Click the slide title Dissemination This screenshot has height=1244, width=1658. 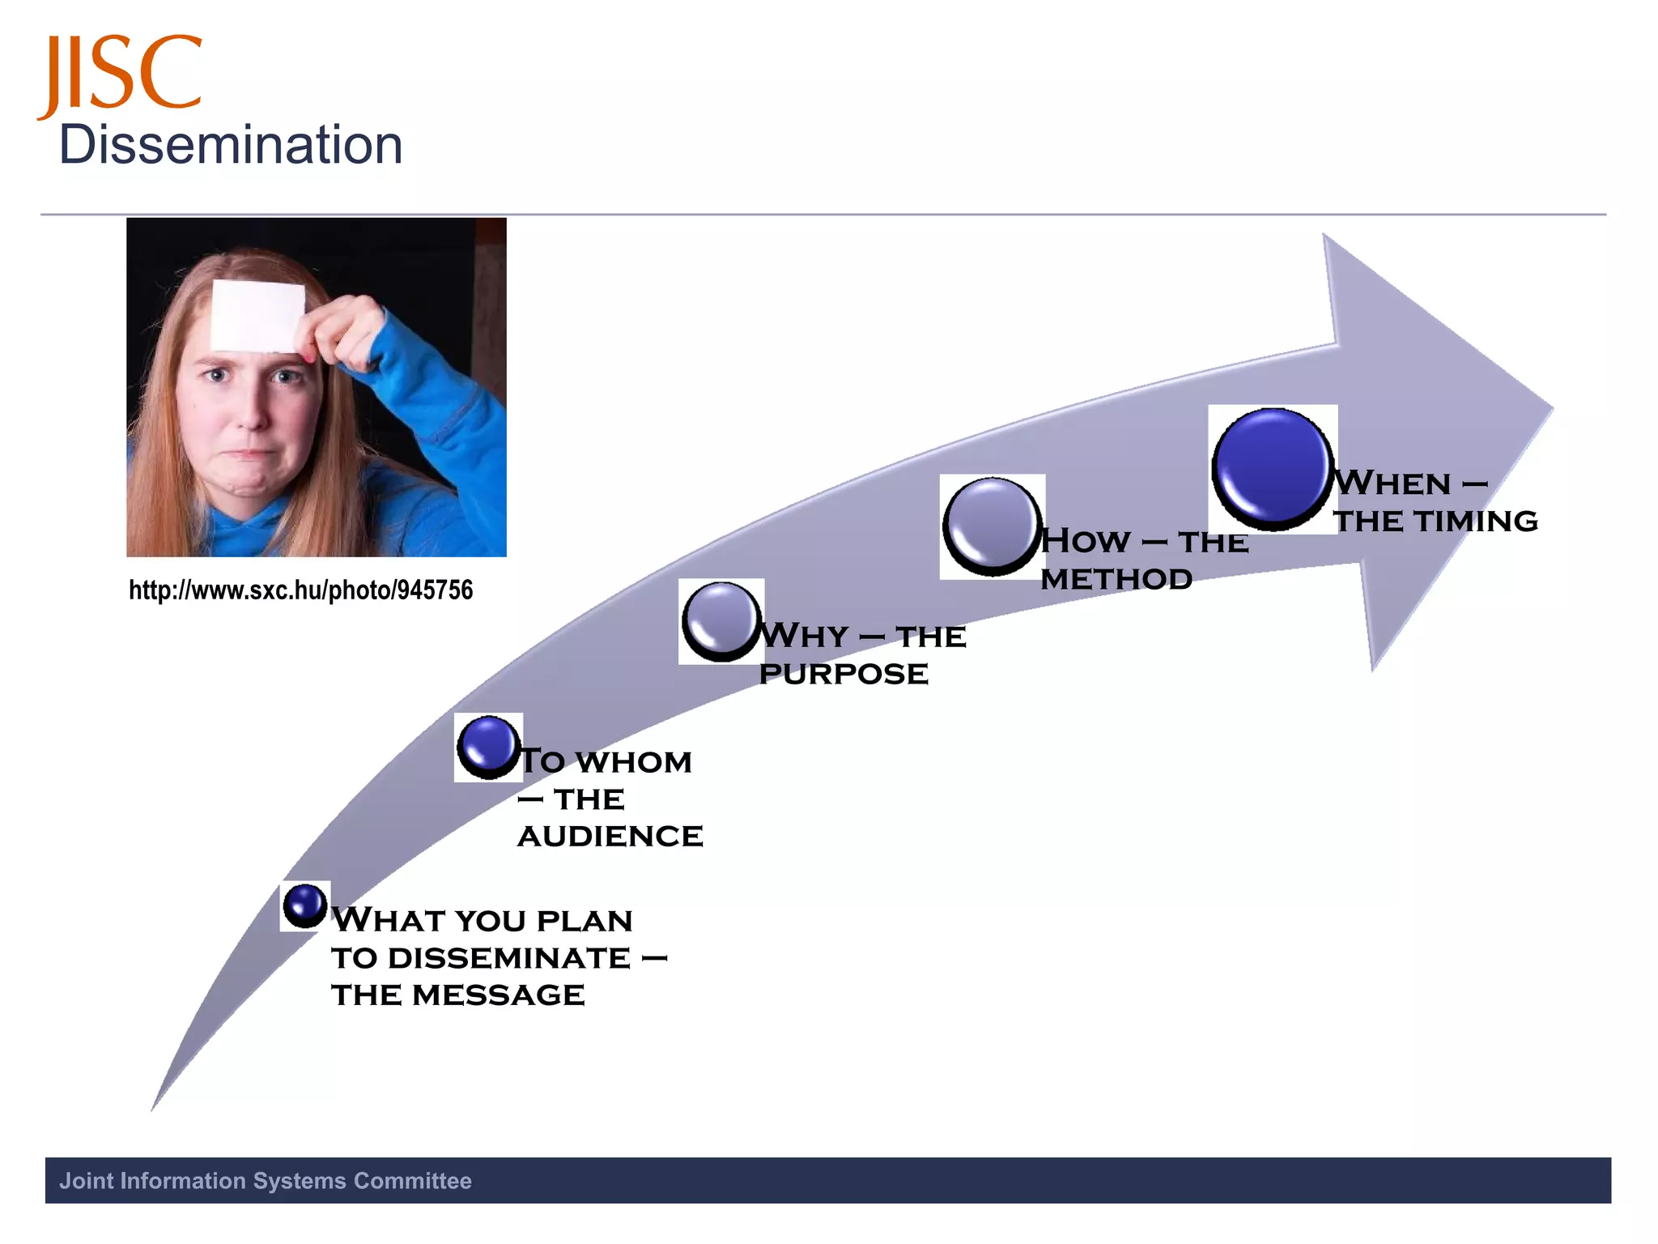(231, 146)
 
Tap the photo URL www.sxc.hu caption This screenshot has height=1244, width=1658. (300, 590)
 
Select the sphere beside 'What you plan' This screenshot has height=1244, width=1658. (305, 905)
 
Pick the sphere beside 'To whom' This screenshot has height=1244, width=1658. (488, 747)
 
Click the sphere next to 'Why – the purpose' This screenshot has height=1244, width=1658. (721, 621)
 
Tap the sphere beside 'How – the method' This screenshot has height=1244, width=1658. (992, 526)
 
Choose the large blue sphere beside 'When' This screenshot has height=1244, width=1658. (1272, 468)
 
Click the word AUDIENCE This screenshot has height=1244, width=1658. (610, 837)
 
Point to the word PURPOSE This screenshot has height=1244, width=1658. (844, 674)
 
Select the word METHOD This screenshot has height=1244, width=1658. (1116, 579)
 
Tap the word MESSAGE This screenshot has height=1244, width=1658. (499, 995)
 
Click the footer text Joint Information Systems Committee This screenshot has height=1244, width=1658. (266, 1181)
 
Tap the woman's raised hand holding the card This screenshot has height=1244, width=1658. (344, 332)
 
